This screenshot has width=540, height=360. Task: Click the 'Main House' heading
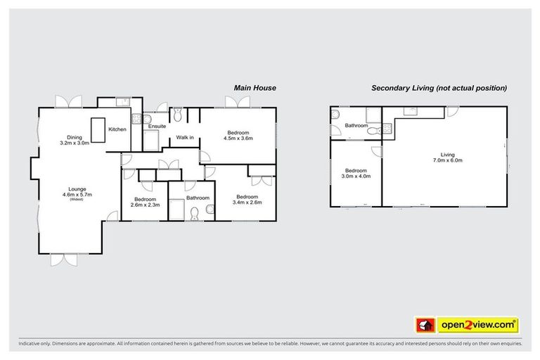(254, 88)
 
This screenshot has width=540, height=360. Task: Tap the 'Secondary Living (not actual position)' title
(439, 88)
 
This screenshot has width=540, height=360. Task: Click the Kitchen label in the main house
(117, 129)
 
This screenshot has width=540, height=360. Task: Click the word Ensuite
(157, 126)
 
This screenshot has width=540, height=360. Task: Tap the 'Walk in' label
(185, 137)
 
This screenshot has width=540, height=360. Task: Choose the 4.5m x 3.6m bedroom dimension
(237, 138)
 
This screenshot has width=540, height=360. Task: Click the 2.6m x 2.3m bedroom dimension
(146, 205)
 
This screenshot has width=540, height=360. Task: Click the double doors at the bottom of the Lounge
(62, 259)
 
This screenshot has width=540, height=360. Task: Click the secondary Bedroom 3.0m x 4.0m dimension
(355, 176)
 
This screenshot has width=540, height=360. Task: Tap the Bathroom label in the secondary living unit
(356, 126)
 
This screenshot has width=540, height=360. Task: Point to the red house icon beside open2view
(425, 325)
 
